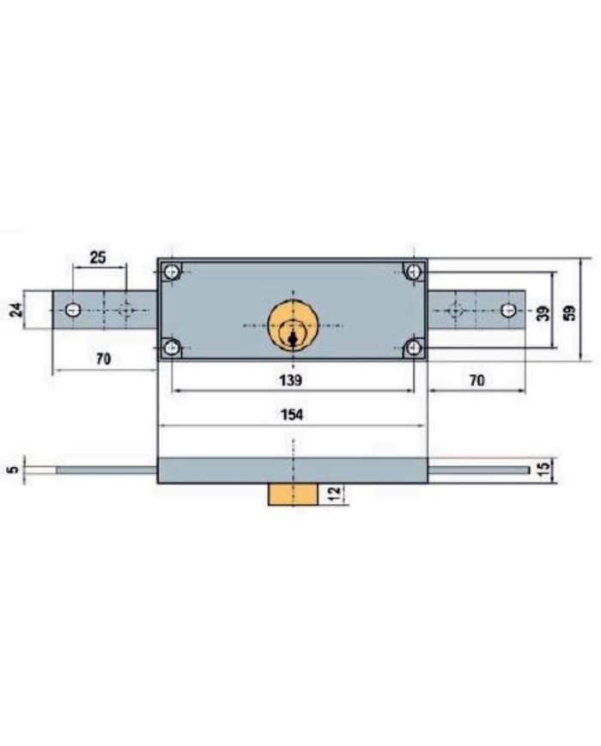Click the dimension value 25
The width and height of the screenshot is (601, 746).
tap(98, 258)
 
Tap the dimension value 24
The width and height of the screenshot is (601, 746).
tap(17, 310)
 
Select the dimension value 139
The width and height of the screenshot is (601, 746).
tap(290, 380)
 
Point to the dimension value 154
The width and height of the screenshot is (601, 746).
tap(291, 415)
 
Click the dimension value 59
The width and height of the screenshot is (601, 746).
tap(569, 312)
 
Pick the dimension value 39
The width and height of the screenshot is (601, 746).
tap(543, 313)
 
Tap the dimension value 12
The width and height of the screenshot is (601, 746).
tap(335, 494)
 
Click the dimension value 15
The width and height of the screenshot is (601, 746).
tap(543, 470)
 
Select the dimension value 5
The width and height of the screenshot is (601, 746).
tap(15, 469)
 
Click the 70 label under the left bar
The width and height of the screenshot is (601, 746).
tap(103, 359)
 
